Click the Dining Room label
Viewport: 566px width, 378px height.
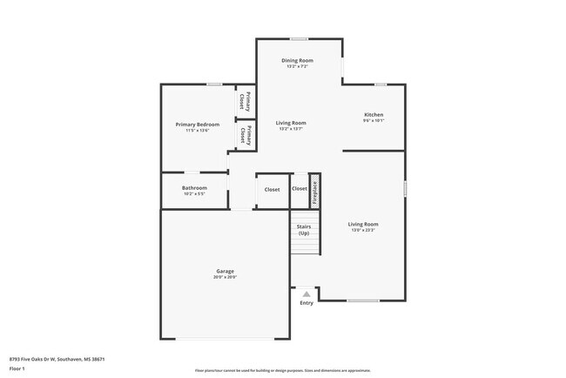(x=297, y=59)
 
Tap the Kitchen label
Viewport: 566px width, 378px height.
(x=374, y=115)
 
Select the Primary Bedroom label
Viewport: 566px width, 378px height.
(x=197, y=125)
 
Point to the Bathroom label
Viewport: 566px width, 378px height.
(x=194, y=188)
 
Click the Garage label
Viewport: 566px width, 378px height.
(x=226, y=271)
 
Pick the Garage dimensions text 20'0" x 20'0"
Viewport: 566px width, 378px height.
(x=226, y=277)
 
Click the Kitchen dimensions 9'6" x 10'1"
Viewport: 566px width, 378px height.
(x=374, y=121)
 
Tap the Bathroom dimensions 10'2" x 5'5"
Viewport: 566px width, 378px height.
(x=194, y=194)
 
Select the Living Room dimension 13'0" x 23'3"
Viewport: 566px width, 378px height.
(x=364, y=230)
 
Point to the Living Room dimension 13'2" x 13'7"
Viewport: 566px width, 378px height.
(x=291, y=129)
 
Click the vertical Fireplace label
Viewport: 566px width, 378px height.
(x=315, y=192)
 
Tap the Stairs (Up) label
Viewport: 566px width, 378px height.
(x=304, y=230)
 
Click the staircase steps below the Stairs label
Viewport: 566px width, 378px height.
(x=304, y=247)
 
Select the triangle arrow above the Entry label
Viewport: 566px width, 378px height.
(x=307, y=294)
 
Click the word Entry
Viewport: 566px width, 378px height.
(x=307, y=303)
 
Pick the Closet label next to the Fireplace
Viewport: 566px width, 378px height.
(x=300, y=189)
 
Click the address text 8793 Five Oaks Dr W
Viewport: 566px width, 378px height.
(x=44, y=358)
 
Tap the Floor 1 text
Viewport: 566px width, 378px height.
(x=17, y=368)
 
